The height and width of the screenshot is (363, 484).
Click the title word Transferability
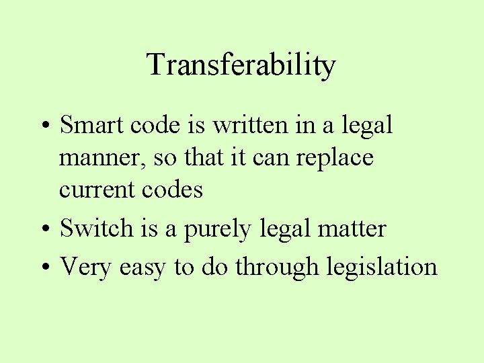241,66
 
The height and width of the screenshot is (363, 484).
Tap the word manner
103,159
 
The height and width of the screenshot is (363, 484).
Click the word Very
85,267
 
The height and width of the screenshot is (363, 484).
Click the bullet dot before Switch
44,230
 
